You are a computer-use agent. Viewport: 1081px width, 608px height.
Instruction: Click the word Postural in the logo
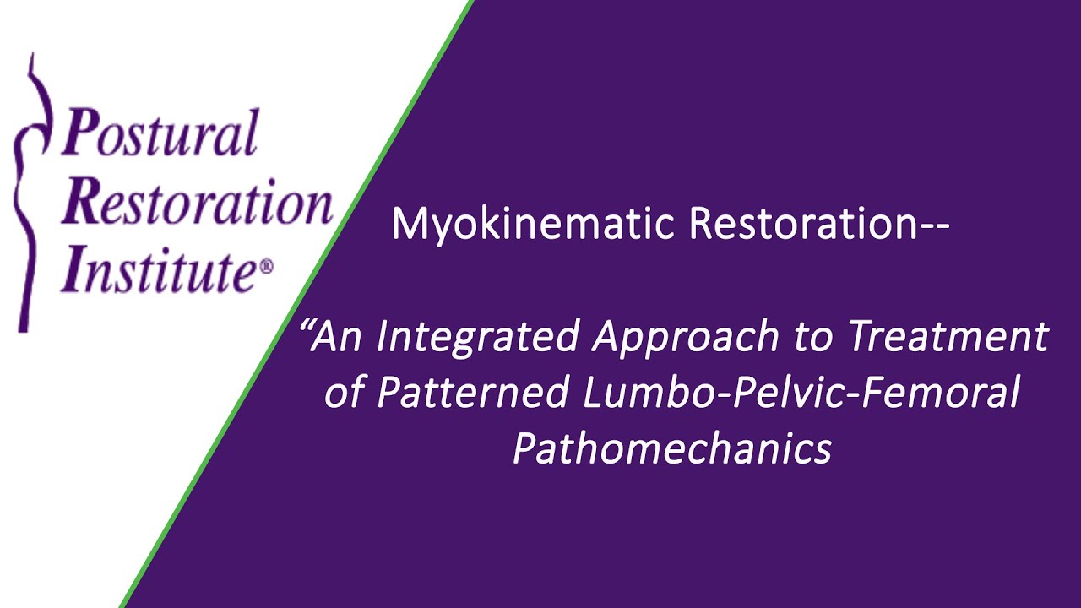point(160,134)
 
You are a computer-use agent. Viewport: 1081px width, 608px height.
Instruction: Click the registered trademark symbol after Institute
point(267,267)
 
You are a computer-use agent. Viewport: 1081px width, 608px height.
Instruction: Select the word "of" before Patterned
point(344,394)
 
